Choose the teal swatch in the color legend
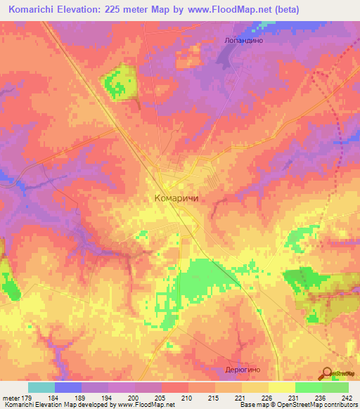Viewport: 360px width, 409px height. click(x=41, y=387)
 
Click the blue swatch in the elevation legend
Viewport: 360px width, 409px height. click(x=68, y=387)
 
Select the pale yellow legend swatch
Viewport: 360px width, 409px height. click(x=282, y=387)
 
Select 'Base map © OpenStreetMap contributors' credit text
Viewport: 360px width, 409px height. click(x=299, y=405)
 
